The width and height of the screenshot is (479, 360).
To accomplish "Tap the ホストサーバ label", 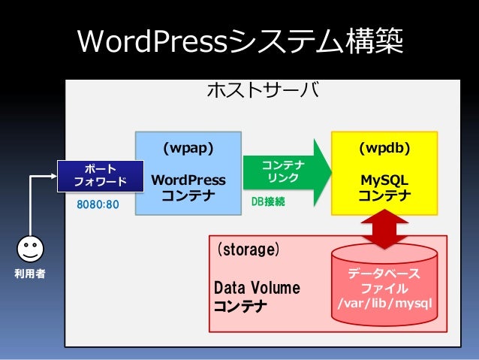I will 262,91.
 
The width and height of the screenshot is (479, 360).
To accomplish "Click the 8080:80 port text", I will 98,204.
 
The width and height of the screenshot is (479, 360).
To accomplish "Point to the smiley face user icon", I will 30,249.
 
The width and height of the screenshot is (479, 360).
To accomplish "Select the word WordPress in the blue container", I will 188,180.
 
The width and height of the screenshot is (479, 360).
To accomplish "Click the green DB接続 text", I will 268,202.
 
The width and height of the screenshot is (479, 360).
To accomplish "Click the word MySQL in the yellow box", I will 384,180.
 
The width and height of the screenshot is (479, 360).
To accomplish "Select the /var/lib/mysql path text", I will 384,304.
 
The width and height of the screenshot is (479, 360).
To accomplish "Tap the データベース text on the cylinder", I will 384,273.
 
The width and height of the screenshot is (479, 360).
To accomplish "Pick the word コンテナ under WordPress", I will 188,196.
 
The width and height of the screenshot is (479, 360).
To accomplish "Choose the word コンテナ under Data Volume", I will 240,306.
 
